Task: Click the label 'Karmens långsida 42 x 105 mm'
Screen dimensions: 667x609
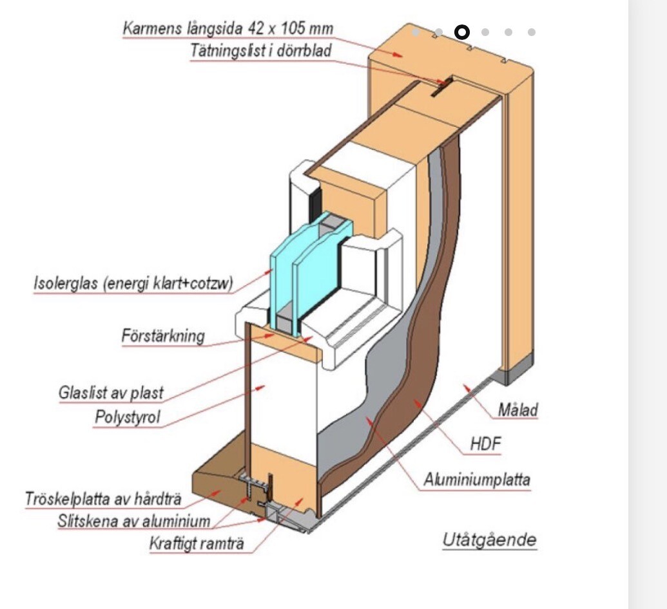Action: (227, 28)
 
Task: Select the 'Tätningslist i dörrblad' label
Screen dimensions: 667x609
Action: (260, 51)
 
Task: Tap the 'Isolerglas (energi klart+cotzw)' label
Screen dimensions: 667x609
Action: (133, 283)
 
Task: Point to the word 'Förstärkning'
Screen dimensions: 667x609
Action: (163, 336)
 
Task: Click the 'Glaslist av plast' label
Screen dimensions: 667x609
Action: (111, 393)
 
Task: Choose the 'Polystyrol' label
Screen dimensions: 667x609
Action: (127, 417)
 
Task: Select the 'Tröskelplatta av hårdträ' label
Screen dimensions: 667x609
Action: (103, 498)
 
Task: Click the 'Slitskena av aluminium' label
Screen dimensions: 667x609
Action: (134, 521)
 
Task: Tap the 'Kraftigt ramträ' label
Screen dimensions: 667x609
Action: (197, 543)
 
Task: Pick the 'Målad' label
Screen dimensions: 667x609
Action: (517, 409)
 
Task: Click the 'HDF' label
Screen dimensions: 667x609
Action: (485, 444)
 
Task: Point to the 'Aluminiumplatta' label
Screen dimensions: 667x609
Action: (477, 480)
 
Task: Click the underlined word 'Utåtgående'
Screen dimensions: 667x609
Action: (489, 539)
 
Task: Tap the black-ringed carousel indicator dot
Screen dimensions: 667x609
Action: (462, 32)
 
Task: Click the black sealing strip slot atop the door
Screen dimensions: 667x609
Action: (441, 88)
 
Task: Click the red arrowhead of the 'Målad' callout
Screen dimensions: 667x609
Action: (467, 387)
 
